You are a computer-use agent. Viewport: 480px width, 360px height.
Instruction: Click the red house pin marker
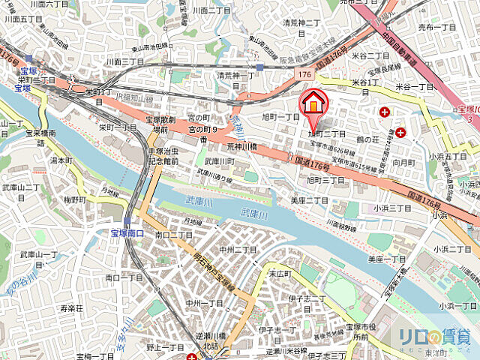(x=313, y=103)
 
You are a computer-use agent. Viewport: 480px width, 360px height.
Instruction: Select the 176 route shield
(x=304, y=75)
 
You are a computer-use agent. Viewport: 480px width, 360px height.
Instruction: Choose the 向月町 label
(x=403, y=162)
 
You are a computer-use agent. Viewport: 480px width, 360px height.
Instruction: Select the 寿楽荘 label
(x=72, y=307)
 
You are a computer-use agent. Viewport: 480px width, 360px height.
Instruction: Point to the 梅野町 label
(x=74, y=199)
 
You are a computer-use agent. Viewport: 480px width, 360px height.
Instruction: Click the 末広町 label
(x=279, y=274)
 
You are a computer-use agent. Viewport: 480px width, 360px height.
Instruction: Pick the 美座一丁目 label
(x=387, y=259)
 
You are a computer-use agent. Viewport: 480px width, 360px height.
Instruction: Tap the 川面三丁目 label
(x=125, y=61)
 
